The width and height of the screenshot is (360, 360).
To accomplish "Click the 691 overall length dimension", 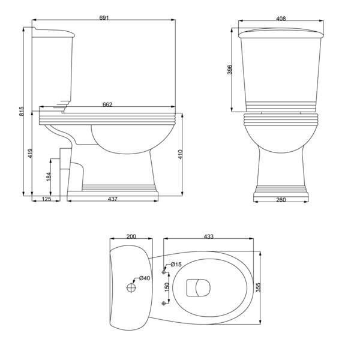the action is (x=104, y=17).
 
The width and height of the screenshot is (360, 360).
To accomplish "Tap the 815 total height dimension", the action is (x=21, y=111).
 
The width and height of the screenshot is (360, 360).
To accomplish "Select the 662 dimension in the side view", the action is (x=107, y=104).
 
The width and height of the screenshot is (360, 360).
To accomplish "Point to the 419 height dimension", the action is (x=30, y=154).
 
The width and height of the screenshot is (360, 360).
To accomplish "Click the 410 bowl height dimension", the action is (x=180, y=155).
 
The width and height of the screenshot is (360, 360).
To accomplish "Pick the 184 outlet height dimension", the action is (x=49, y=176).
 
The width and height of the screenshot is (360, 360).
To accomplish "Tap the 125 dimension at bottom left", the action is (x=46, y=199).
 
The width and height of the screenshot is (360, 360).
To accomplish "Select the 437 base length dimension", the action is (x=113, y=199).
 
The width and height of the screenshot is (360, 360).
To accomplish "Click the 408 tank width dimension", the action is (x=281, y=19).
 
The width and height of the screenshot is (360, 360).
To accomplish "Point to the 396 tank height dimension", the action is (x=230, y=70).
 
